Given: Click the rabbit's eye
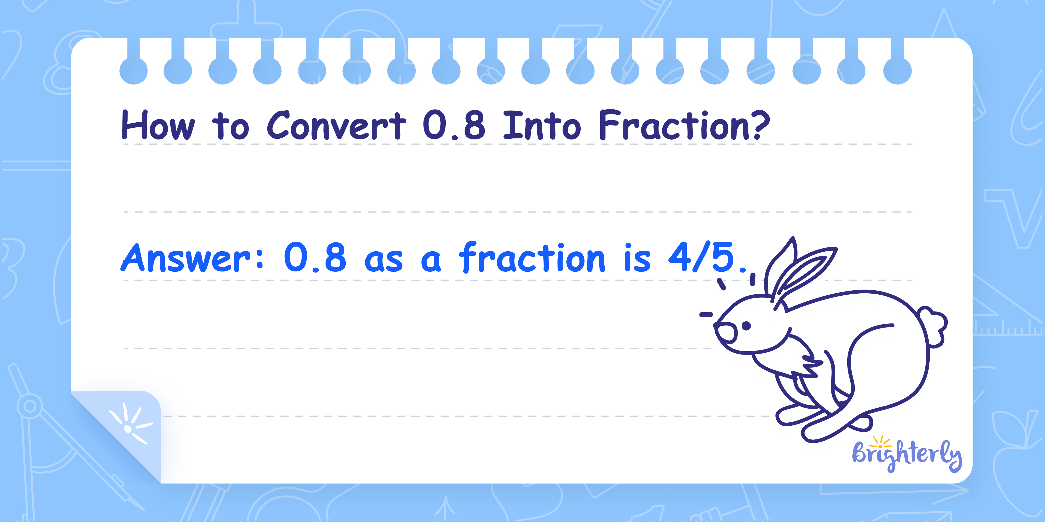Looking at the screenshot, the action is click(x=746, y=325).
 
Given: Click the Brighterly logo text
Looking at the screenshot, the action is click(x=907, y=455).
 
